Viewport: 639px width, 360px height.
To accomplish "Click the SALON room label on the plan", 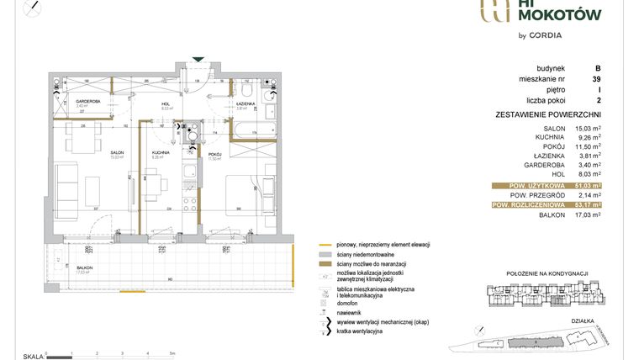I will click(x=117, y=154).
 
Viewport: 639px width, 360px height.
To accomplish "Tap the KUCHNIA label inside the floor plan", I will click(x=161, y=154).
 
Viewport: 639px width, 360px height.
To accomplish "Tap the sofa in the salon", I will click(x=68, y=187).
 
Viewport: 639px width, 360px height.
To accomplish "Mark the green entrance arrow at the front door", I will click(x=198, y=59).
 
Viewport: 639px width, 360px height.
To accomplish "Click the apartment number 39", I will click(x=596, y=79).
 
